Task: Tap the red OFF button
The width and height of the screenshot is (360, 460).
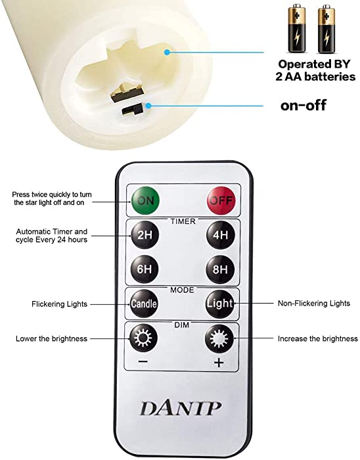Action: point(221,200)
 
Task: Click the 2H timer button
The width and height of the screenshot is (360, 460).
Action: point(145,235)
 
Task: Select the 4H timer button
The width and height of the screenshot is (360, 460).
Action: point(221,235)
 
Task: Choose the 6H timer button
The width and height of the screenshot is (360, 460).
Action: point(145,269)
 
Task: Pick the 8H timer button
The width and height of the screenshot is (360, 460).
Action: point(220,269)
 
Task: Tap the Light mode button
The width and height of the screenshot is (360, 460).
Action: point(219,304)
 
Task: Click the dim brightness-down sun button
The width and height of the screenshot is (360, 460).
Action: point(143,338)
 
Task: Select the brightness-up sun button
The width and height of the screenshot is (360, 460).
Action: point(219,338)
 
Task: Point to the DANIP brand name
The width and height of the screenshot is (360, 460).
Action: point(181,408)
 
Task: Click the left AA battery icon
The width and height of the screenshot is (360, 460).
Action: point(297,28)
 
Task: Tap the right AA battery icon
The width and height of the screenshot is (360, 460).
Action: point(326,28)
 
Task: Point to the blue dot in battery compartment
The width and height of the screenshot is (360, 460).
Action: point(167,52)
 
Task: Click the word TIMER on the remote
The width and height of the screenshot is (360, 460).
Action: point(183,221)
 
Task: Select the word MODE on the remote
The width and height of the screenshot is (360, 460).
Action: point(182,290)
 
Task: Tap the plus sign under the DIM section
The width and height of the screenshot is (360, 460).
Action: point(219,363)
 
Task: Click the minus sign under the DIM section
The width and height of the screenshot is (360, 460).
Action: point(143,361)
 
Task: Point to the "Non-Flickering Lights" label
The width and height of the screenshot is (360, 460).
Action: point(314,304)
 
